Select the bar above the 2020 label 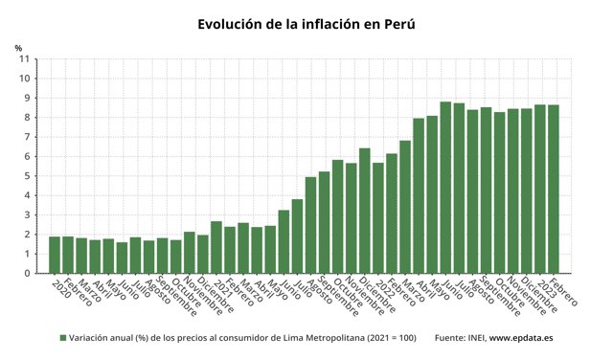click(x=55, y=255)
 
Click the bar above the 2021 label click(x=216, y=247)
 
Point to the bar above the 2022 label click(x=378, y=217)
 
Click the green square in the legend click(x=63, y=338)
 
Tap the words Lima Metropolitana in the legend click(x=306, y=338)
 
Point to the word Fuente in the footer click(x=450, y=338)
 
